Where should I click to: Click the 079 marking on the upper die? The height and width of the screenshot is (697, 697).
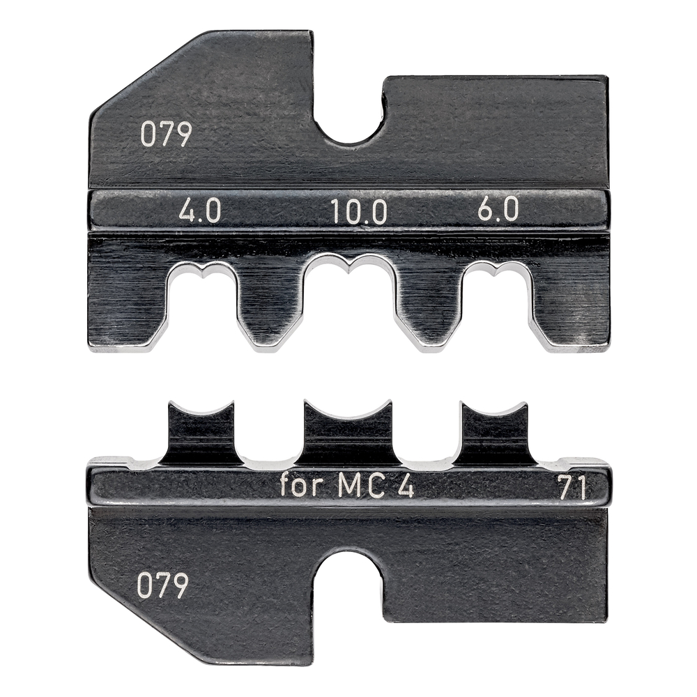point(165,135)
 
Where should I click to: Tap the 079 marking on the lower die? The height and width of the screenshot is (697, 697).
point(162,586)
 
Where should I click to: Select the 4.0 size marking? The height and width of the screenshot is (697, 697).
point(200,210)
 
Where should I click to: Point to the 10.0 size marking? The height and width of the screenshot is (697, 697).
point(359,210)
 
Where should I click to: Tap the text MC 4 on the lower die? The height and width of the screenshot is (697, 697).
point(376,486)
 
